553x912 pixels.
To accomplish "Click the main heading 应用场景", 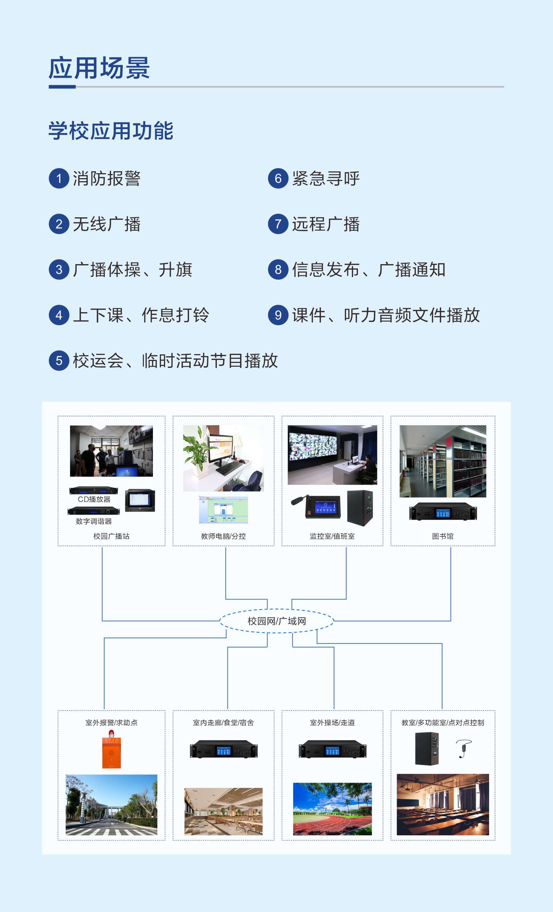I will pyautogui.click(x=99, y=68).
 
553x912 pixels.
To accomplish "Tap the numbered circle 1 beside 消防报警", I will pyautogui.click(x=59, y=178).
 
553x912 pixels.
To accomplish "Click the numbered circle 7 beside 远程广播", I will pyautogui.click(x=278, y=224).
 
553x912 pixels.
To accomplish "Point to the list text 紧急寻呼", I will pyautogui.click(x=325, y=178).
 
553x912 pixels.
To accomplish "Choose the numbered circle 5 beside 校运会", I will pyautogui.click(x=59, y=360).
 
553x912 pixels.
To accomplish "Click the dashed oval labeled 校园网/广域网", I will pyautogui.click(x=277, y=621).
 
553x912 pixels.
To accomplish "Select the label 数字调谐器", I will pyautogui.click(x=94, y=521).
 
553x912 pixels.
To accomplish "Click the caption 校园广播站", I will pyautogui.click(x=111, y=536).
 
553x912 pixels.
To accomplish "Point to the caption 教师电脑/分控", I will pyautogui.click(x=223, y=536).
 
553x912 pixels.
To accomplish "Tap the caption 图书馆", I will pyautogui.click(x=443, y=536).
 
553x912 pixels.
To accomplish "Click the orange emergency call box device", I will pyautogui.click(x=111, y=751).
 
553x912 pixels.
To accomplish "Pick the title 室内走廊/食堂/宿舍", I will pyautogui.click(x=223, y=723).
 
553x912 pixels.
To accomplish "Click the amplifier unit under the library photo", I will pyautogui.click(x=443, y=512).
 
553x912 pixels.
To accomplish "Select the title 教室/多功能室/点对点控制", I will pyautogui.click(x=443, y=723).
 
